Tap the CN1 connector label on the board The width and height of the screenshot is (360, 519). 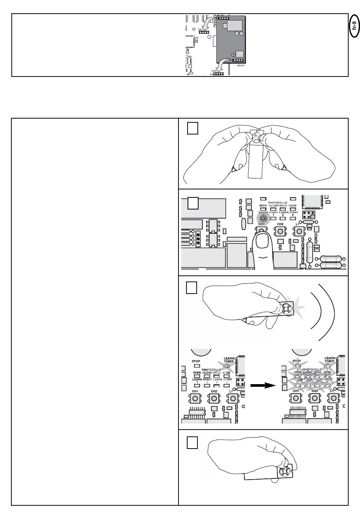[200, 29]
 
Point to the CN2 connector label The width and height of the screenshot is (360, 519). [214, 71]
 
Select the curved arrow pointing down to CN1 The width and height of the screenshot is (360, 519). [207, 23]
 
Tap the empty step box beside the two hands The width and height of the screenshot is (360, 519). [193, 129]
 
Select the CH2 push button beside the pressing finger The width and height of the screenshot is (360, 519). [280, 231]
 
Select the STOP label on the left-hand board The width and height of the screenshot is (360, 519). [196, 361]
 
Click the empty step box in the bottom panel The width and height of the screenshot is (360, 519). [193, 442]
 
